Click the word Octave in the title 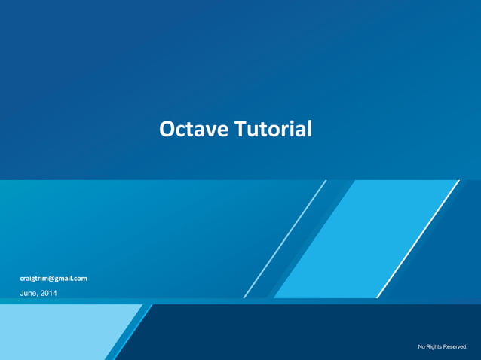194,129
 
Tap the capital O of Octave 167,129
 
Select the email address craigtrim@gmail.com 54,278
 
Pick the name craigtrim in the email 34,278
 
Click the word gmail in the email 65,278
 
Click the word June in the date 28,293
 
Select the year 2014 48,293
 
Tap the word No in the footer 422,346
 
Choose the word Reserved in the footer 456,346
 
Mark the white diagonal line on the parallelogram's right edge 418,239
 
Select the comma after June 38,295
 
